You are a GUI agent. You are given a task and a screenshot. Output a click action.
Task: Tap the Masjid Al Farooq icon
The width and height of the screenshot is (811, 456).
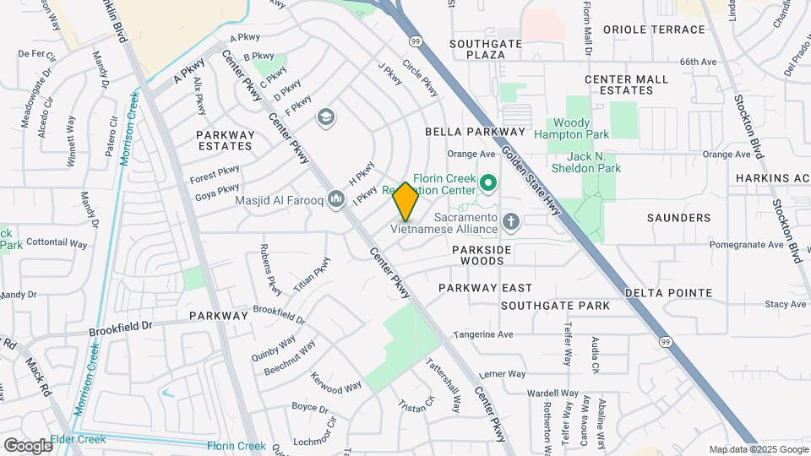(337, 198)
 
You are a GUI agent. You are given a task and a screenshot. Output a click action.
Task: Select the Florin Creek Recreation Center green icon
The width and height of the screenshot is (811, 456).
(487, 182)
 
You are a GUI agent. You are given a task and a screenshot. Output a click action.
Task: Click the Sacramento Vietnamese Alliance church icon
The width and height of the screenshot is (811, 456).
(509, 222)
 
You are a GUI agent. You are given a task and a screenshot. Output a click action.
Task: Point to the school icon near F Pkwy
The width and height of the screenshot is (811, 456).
(325, 117)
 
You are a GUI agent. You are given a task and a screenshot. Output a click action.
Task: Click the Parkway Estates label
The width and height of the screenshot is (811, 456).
(225, 140)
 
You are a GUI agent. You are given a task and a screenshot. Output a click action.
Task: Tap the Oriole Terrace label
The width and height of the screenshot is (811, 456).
(654, 30)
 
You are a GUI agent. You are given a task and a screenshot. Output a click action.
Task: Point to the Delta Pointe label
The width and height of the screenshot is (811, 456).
(668, 293)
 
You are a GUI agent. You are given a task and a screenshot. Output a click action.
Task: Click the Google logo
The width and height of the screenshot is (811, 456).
(27, 445)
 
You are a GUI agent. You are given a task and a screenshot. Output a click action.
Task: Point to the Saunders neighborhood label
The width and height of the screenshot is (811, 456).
(678, 218)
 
